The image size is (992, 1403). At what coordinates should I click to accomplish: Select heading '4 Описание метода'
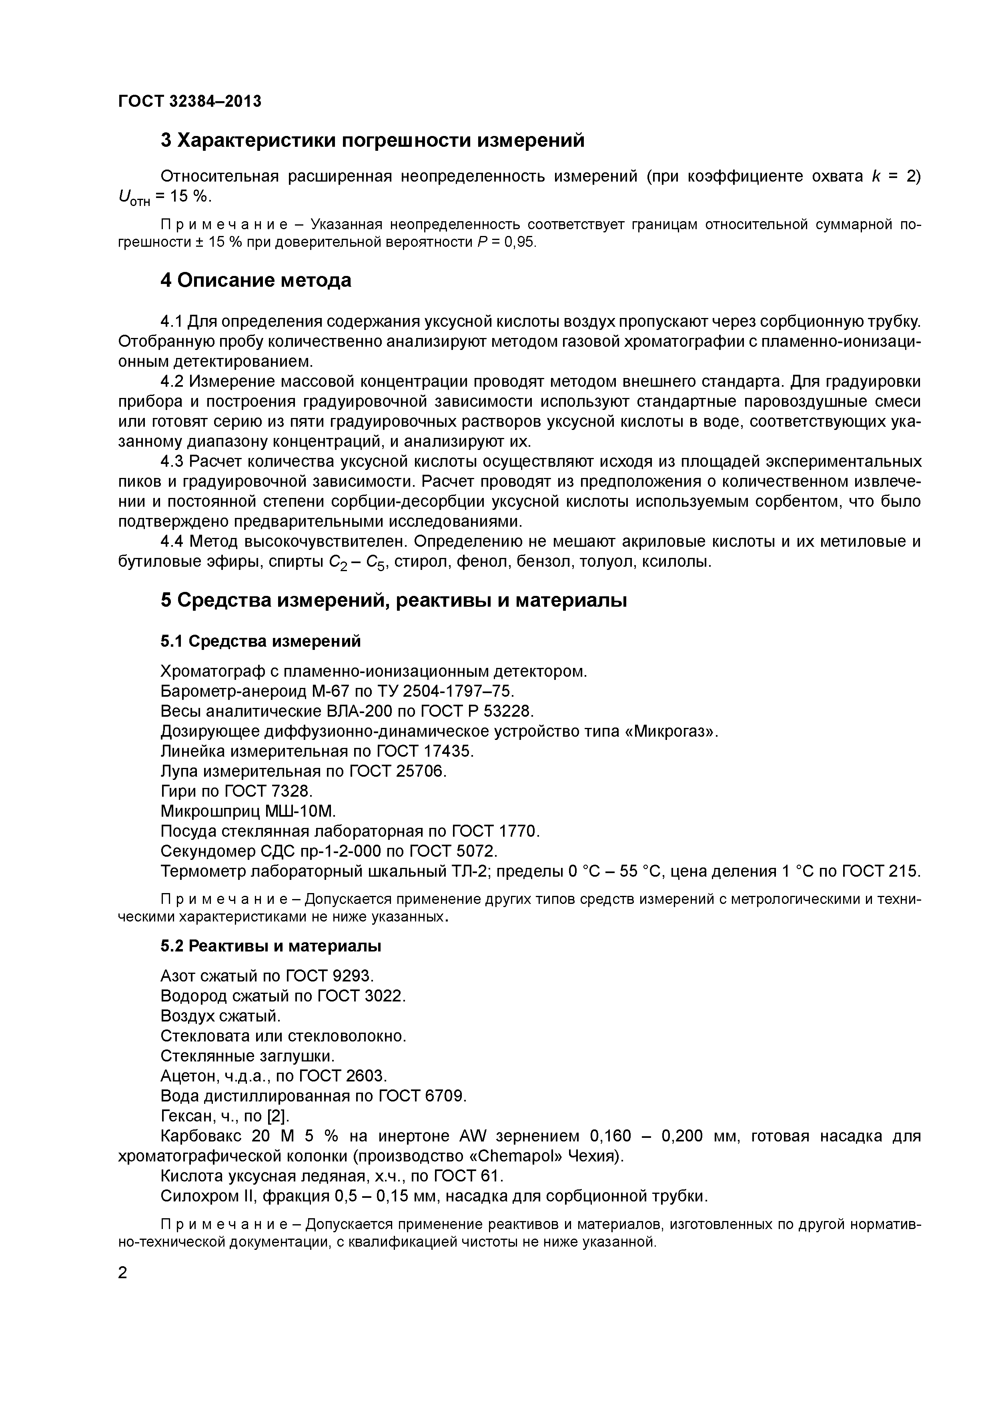(255, 280)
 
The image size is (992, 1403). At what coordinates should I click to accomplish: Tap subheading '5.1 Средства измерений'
(261, 641)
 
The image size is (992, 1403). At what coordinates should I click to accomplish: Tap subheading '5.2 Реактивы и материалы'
(271, 946)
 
